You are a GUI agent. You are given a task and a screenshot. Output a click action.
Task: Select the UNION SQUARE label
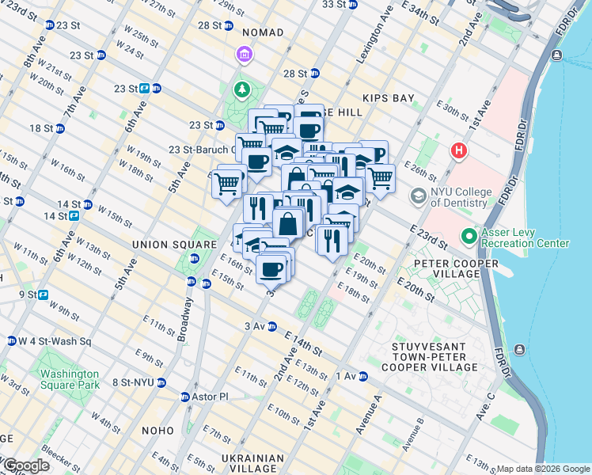(175, 245)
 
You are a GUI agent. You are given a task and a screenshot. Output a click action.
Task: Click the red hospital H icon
(457, 150)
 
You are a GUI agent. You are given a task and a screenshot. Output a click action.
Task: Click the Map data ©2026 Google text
(543, 469)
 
